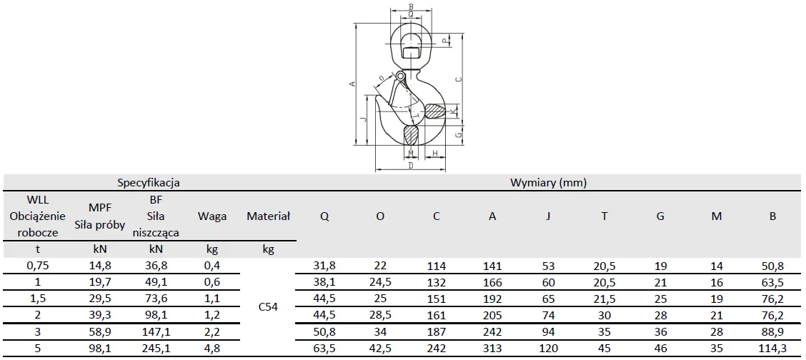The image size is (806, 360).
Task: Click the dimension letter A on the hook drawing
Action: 353,84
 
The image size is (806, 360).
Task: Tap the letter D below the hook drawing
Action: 411,166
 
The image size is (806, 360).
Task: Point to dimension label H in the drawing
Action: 435,153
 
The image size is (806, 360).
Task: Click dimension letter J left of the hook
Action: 364,119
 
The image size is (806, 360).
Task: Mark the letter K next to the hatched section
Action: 452,111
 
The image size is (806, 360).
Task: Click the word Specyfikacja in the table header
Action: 148,182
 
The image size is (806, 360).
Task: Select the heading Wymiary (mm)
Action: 549,182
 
